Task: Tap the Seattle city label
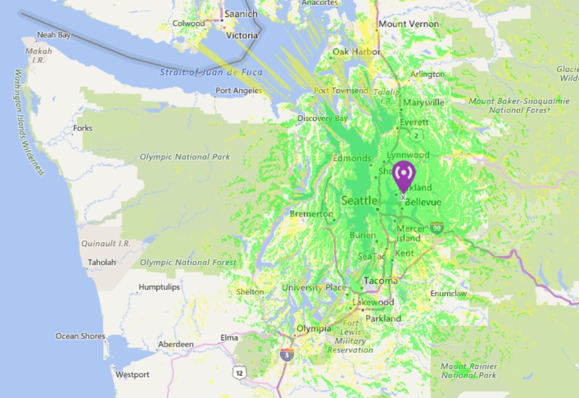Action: tap(359, 200)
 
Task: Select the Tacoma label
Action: tap(381, 281)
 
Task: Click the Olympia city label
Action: tap(314, 328)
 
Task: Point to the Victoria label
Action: tap(242, 35)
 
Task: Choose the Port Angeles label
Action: tap(238, 90)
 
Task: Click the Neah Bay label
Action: tap(54, 35)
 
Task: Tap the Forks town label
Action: tap(82, 128)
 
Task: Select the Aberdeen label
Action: tap(176, 344)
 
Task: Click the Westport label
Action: tap(132, 374)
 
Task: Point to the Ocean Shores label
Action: tap(80, 336)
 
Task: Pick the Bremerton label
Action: tap(311, 214)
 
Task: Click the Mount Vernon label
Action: tap(408, 24)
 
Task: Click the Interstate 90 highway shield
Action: tap(437, 228)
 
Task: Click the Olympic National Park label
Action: tap(185, 156)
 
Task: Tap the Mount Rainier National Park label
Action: tap(468, 370)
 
